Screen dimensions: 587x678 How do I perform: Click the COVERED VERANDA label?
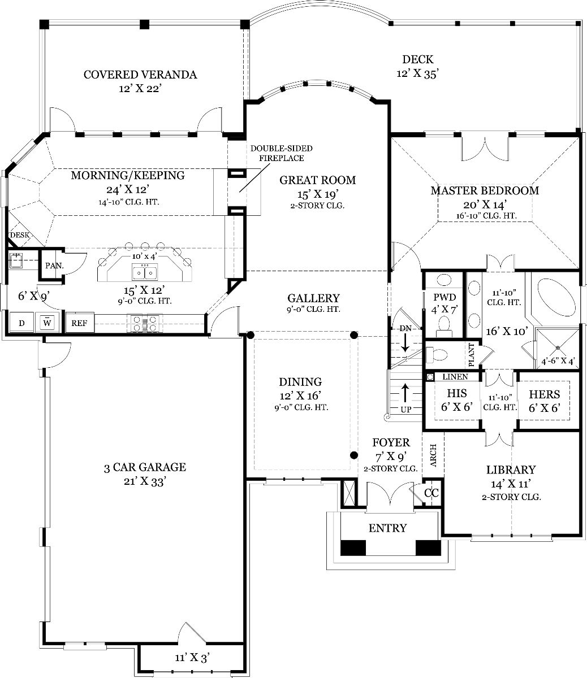click(x=140, y=75)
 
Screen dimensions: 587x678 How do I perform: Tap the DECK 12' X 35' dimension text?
click(x=417, y=73)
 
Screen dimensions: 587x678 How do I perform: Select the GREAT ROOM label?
click(x=317, y=180)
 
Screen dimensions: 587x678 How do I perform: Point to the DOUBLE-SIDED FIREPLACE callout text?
click(x=282, y=153)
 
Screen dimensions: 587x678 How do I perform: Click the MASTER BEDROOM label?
click(x=485, y=190)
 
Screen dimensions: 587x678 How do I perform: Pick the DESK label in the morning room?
click(x=20, y=235)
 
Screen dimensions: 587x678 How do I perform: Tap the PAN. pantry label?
click(x=54, y=266)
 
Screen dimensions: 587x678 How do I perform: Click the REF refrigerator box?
click(x=80, y=323)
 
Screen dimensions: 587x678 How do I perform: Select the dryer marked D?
click(x=21, y=323)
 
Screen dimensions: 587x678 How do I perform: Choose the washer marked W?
click(x=48, y=323)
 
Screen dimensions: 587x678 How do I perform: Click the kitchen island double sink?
click(x=145, y=272)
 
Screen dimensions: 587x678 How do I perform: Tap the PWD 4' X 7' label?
click(x=444, y=303)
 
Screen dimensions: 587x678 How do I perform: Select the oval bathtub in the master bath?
click(x=557, y=298)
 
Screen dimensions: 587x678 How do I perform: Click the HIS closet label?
click(x=457, y=393)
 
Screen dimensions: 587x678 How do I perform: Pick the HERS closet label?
click(x=545, y=394)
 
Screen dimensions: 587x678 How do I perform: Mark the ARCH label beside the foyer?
click(x=433, y=455)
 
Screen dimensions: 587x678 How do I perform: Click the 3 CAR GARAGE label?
click(x=145, y=467)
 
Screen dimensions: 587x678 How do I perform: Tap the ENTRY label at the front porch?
click(x=388, y=528)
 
